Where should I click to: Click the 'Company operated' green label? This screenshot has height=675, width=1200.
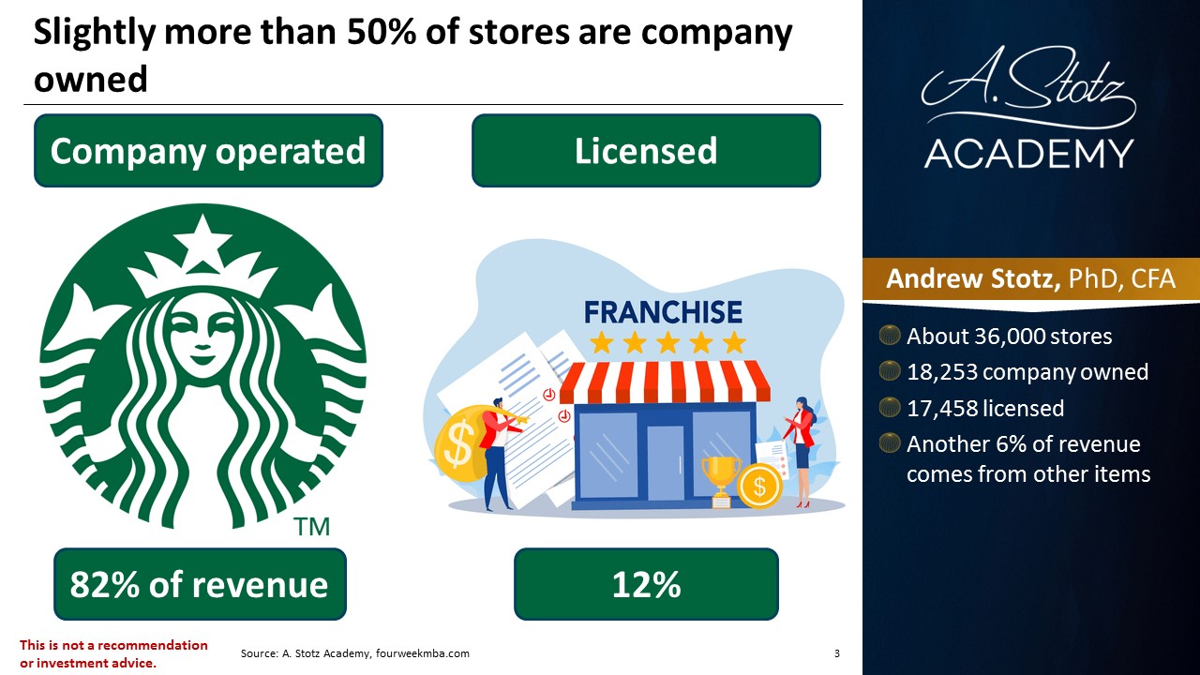click(208, 151)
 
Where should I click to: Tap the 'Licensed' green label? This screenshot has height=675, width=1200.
click(646, 151)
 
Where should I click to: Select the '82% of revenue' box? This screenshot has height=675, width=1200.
click(200, 584)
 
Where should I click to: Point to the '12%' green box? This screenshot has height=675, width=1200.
click(646, 584)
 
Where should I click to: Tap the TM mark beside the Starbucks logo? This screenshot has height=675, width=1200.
click(311, 527)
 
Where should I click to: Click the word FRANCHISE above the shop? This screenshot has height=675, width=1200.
click(663, 312)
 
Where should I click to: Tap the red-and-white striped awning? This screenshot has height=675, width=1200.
click(665, 382)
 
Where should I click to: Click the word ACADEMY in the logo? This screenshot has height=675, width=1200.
click(1028, 154)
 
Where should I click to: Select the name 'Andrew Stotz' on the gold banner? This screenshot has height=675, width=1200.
click(973, 278)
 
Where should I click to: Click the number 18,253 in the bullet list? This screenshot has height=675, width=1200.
click(942, 372)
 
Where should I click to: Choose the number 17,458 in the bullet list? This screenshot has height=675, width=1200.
click(942, 408)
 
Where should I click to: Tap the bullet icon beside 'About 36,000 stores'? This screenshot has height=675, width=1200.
click(890, 335)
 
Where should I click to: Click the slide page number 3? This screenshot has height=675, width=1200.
click(837, 653)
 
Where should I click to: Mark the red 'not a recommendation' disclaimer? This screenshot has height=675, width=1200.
click(113, 653)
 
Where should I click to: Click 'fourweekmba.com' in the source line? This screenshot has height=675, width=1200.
click(422, 653)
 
